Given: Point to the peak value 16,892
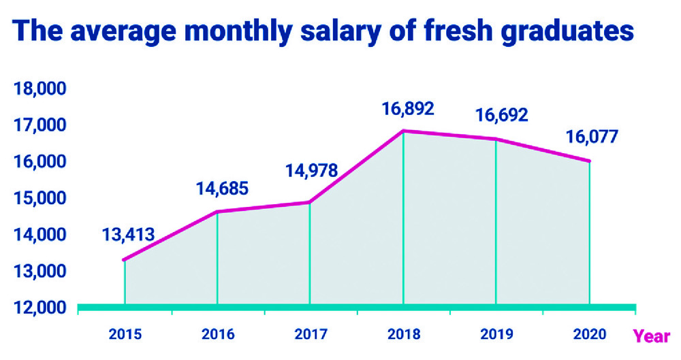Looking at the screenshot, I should (x=407, y=108).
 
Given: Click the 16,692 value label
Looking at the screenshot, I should (x=501, y=115).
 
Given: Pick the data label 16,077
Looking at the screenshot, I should (x=591, y=137).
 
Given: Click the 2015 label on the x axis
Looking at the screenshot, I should (x=125, y=335).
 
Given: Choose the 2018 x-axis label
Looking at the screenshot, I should (x=404, y=335).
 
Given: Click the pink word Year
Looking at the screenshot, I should (x=652, y=336).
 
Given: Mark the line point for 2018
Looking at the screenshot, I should (x=404, y=131).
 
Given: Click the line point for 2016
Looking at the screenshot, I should (x=217, y=212).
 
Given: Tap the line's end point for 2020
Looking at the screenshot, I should (x=590, y=161).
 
